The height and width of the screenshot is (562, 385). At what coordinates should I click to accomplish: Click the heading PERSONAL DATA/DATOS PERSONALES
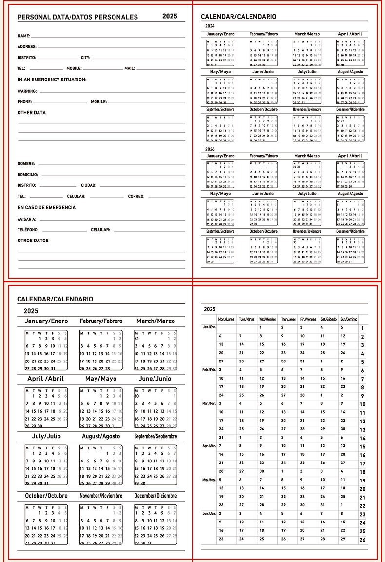tap(77, 17)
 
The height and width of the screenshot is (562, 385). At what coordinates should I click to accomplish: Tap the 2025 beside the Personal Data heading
tap(170, 16)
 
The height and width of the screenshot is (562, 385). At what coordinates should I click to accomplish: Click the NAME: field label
tap(24, 36)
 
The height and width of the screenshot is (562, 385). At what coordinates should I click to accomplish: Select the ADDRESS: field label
tap(27, 47)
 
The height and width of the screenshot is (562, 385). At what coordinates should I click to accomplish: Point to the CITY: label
tap(86, 58)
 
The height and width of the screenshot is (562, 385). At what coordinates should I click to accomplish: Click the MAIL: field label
tap(129, 69)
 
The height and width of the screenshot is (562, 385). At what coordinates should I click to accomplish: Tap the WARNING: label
tap(27, 91)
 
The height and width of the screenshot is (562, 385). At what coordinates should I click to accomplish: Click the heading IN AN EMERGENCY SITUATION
tap(52, 80)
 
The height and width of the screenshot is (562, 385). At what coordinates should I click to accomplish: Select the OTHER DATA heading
tap(32, 113)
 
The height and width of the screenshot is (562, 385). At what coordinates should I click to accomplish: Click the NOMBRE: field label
tap(26, 164)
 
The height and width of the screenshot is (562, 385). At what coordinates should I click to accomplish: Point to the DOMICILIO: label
tap(28, 175)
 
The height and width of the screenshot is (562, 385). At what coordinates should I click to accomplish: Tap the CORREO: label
tap(136, 196)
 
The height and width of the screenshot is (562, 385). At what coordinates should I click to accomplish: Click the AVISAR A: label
tap(27, 220)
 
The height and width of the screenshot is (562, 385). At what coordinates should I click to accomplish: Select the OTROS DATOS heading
tap(33, 241)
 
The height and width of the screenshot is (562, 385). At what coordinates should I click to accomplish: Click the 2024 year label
tap(210, 26)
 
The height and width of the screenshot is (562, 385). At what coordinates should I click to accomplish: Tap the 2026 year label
tap(210, 149)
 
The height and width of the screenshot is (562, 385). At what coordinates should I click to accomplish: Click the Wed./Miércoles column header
tap(269, 319)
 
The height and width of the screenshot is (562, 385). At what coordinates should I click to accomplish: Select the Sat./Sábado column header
tap(328, 319)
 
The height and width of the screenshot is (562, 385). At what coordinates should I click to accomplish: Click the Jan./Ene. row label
tap(209, 327)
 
